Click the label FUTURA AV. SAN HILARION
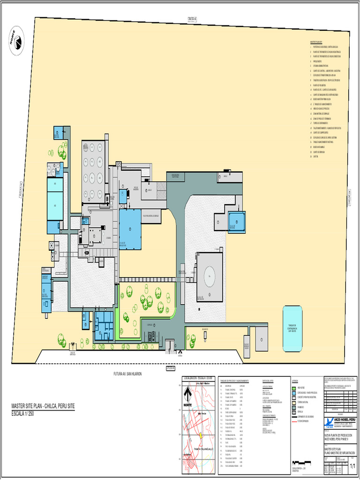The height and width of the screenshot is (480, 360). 127,374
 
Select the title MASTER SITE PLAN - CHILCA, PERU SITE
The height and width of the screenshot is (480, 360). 43,406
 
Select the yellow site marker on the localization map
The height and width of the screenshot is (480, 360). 200,435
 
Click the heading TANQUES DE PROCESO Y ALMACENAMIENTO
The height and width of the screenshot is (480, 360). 234,381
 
